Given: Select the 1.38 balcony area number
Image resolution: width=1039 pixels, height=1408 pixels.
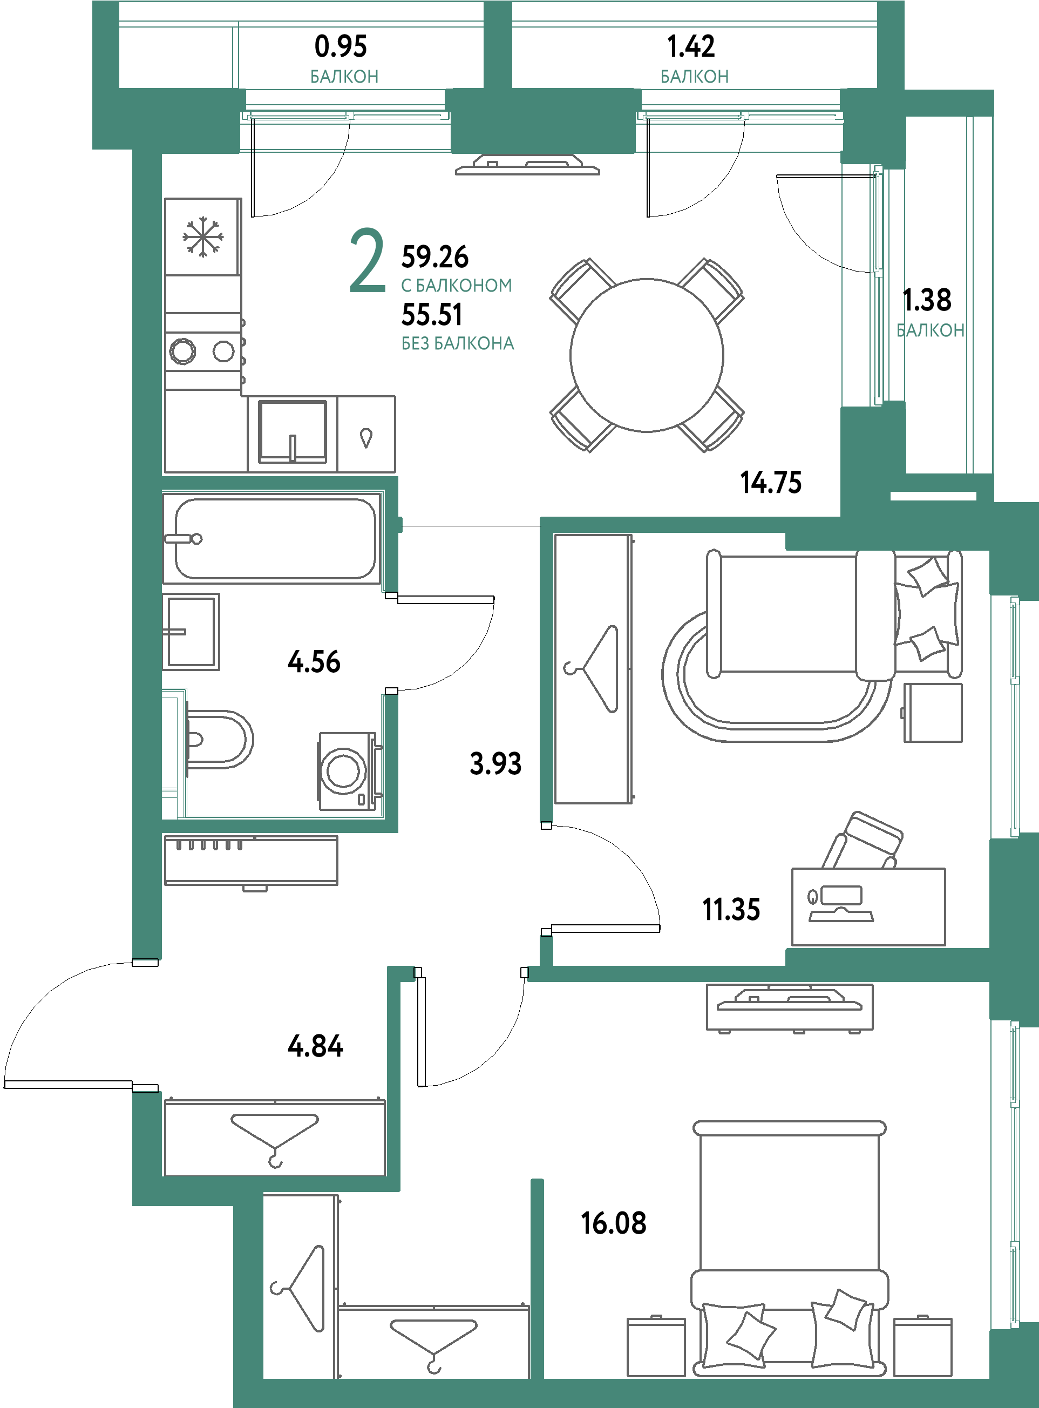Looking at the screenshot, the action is (x=927, y=300).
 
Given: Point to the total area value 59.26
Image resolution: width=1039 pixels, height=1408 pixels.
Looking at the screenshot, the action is (x=434, y=256).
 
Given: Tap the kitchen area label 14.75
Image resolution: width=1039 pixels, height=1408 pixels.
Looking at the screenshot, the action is (x=770, y=483).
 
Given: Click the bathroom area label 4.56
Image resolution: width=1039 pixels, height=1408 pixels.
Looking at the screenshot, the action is (x=314, y=662).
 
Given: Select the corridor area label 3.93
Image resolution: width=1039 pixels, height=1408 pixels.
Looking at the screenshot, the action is (x=495, y=764).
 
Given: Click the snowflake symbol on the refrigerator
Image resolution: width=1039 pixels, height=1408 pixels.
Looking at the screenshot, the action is (x=202, y=237).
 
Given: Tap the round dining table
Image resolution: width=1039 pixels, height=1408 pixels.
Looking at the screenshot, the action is (x=647, y=355).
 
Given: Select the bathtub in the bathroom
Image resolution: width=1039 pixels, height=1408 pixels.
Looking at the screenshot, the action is (x=271, y=539).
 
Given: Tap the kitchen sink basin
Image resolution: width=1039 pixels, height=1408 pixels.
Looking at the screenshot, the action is (x=293, y=431).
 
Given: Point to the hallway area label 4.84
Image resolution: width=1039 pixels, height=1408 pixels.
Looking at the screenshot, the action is (x=315, y=1046).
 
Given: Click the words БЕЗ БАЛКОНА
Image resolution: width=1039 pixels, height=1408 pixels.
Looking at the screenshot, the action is (x=458, y=343).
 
